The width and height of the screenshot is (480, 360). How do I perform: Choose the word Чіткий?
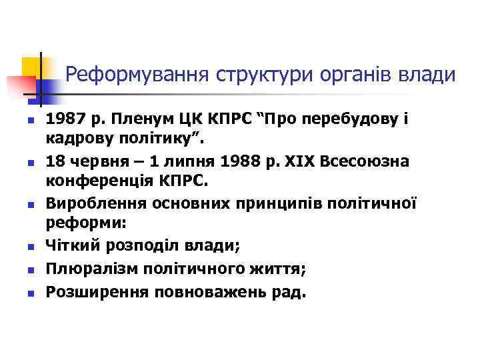tap(73, 245)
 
